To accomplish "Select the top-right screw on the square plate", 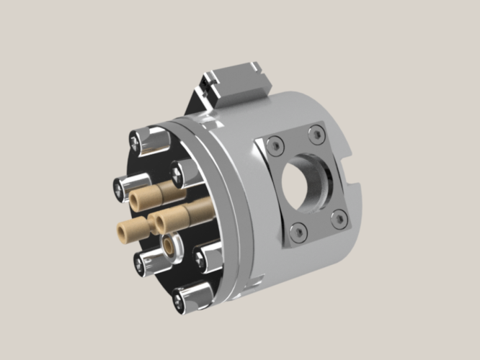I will point(315,132).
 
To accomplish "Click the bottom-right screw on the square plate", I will point(335,216).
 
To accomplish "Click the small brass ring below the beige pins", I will point(171,244).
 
